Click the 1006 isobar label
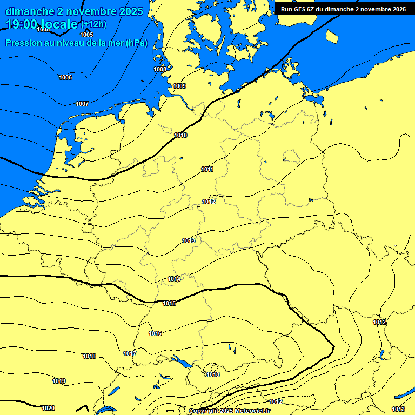click(65, 78)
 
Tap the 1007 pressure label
click(82, 104)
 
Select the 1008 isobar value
click(160, 69)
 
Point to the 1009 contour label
click(179, 86)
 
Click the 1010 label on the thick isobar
click(181, 135)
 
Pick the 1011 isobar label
click(207, 170)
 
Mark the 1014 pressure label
click(174, 279)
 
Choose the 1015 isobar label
click(170, 304)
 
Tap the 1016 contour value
click(156, 334)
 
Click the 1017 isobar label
click(130, 354)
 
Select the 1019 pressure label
click(59, 381)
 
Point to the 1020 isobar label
click(48, 409)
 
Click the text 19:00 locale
click(42, 24)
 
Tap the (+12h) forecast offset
click(93, 24)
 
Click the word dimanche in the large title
click(30, 11)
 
